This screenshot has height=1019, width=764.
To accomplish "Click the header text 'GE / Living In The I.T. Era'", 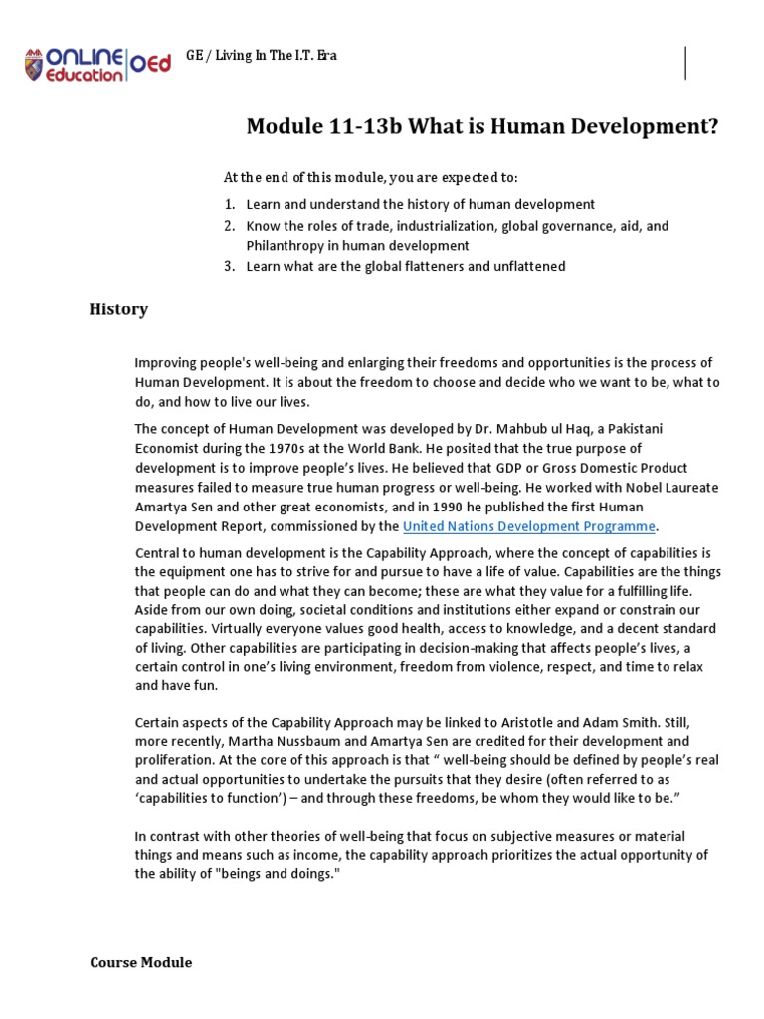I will tap(261, 56).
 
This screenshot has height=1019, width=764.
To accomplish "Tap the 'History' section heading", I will tap(119, 309).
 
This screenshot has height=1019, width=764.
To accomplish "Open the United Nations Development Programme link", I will tap(529, 526).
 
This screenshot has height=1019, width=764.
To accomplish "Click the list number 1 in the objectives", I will tap(228, 203).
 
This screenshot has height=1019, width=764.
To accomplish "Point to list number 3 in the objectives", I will tap(228, 266).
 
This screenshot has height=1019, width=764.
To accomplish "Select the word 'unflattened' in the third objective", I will tap(530, 266).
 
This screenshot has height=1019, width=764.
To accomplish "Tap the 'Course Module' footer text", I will tap(140, 962).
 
